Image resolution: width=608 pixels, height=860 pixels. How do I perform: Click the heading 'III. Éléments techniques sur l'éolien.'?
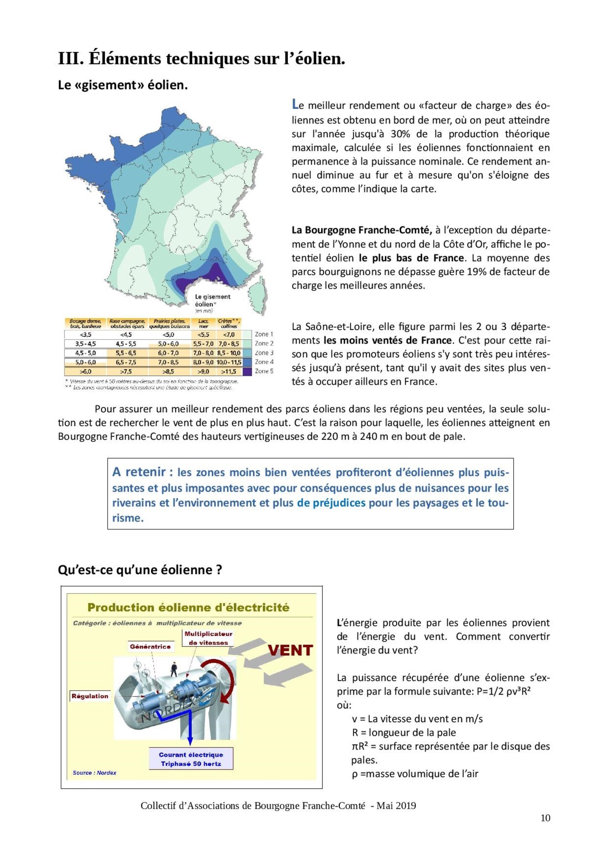201,59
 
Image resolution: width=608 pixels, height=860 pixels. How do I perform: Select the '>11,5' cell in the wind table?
229,372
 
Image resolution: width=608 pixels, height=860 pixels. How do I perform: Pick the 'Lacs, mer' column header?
203,324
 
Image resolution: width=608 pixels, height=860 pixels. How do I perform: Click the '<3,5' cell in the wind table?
85,334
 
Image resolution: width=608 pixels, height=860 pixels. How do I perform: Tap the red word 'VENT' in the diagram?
290,650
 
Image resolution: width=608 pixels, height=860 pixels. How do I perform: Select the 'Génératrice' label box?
150,646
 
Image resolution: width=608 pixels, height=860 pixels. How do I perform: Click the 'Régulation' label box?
90,696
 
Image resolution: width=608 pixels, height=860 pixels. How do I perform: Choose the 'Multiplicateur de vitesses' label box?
208,638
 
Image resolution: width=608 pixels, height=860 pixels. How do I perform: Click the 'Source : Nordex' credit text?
95,773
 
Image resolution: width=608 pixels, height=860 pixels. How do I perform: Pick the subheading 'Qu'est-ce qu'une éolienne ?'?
140,570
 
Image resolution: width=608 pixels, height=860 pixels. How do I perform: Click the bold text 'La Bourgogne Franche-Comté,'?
361,230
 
